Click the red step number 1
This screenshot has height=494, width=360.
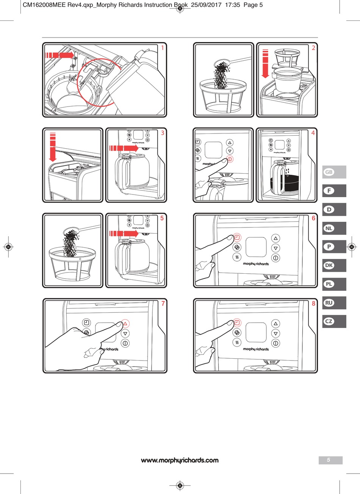pyautogui.click(x=163, y=48)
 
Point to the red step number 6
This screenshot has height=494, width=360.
pyautogui.click(x=313, y=218)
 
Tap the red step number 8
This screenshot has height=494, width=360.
pyautogui.click(x=313, y=304)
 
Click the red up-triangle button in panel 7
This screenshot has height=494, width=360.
pyautogui.click(x=125, y=324)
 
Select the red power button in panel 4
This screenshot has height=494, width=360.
pyautogui.click(x=230, y=159)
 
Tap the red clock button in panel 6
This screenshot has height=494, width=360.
pyautogui.click(x=237, y=238)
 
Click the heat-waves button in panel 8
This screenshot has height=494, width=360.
pyautogui.click(x=237, y=342)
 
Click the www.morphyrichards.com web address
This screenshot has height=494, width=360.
pyautogui.click(x=180, y=460)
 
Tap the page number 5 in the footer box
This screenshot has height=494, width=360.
pyautogui.click(x=329, y=460)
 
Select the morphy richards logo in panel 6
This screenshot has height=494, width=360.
pyautogui.click(x=256, y=264)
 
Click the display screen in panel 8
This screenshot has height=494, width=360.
pyautogui.click(x=256, y=332)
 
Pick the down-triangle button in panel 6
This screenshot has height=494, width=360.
pyautogui.click(x=276, y=248)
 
